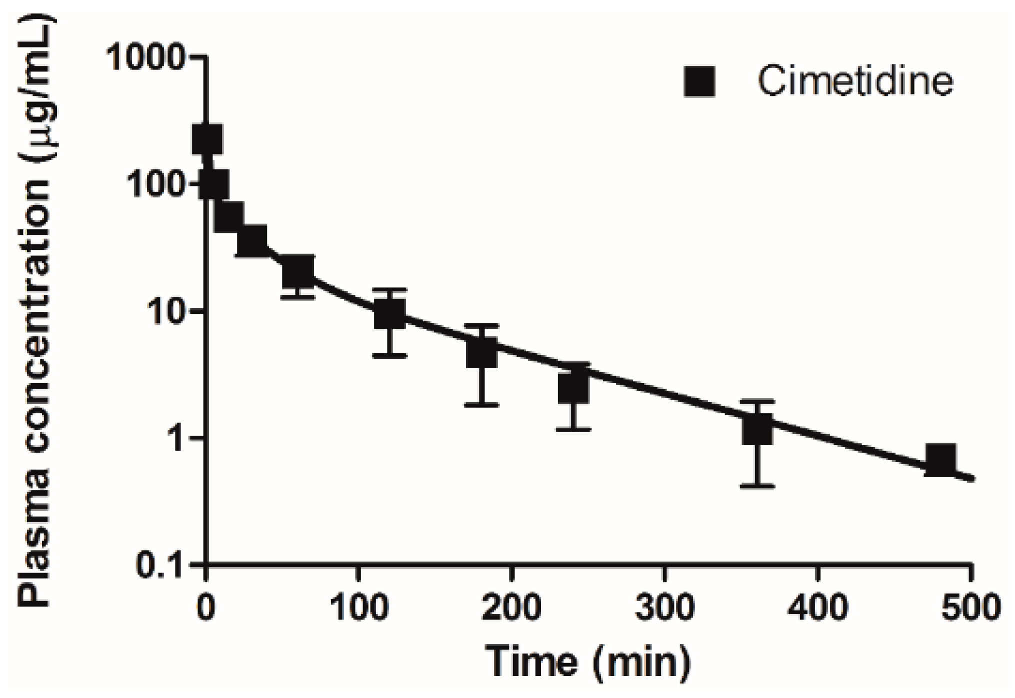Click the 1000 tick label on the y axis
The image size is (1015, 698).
pyautogui.click(x=146, y=59)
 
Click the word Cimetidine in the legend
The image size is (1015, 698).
pyautogui.click(x=855, y=81)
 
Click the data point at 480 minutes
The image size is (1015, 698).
pyautogui.click(x=940, y=459)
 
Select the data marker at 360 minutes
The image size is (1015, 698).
pyautogui.click(x=757, y=430)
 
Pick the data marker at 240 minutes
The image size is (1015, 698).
pyautogui.click(x=573, y=387)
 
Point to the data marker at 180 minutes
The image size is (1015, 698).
pyautogui.click(x=481, y=352)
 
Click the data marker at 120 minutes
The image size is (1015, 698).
pyautogui.click(x=390, y=314)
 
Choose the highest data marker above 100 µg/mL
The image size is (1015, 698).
pyautogui.click(x=207, y=139)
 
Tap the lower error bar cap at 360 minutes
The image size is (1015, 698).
pyautogui.click(x=757, y=486)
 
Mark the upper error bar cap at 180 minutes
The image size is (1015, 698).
pyautogui.click(x=481, y=326)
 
